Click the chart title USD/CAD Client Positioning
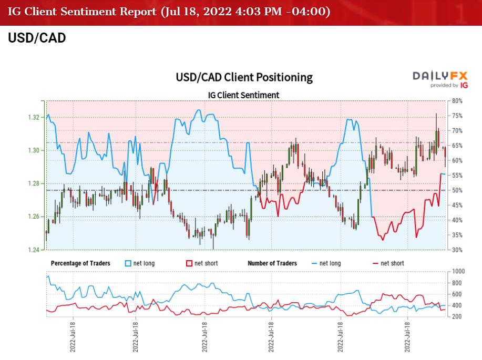click(244, 78)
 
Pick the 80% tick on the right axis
click(457, 100)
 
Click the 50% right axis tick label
click(457, 190)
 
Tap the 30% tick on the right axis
click(457, 250)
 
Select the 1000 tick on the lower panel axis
click(458, 271)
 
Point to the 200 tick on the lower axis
click(457, 316)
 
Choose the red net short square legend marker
click(190, 263)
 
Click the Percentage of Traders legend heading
click(80, 263)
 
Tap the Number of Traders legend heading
click(272, 263)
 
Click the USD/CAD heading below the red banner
click(37, 38)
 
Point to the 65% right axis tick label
click(457, 145)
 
